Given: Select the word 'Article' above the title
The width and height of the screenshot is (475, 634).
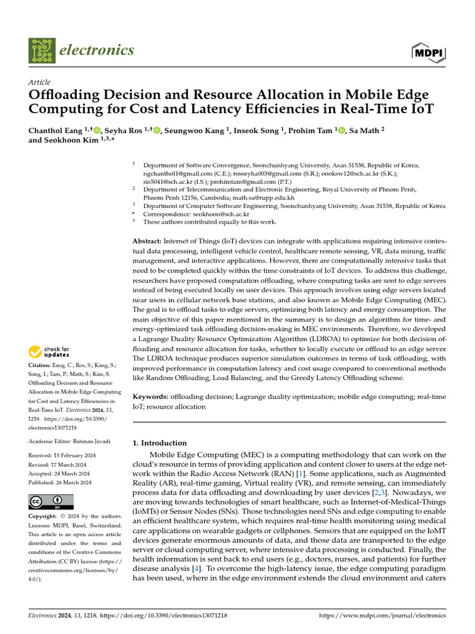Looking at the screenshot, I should pyautogui.click(x=40, y=82).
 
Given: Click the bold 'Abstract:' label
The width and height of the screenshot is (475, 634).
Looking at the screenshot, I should pyautogui.click(x=147, y=240).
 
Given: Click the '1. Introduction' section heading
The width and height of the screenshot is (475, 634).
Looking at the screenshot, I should pyautogui.click(x=160, y=443).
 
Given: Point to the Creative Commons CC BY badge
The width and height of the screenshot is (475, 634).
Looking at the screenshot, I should pyautogui.click(x=51, y=502).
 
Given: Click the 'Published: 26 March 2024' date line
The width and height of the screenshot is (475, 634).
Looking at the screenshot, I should pyautogui.click(x=60, y=482).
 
